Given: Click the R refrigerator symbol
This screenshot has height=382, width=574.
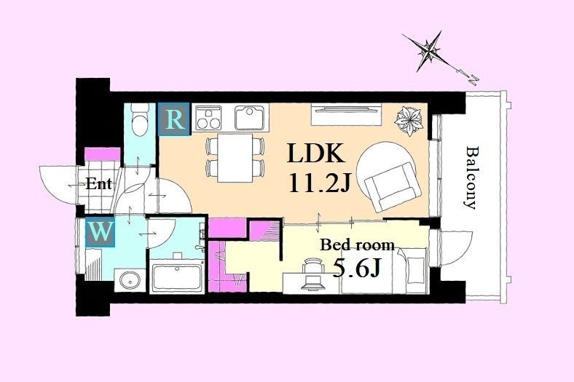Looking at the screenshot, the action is pos(174,119).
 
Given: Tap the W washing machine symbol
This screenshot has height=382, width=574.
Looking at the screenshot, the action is pos(101,232).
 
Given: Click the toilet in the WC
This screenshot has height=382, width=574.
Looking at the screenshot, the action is pos(138,119).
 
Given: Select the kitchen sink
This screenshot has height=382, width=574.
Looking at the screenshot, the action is pos(250,117).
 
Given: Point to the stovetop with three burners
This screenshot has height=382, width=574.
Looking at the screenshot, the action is pos(208,118).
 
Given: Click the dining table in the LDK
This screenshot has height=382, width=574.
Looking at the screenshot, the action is pos(235,158).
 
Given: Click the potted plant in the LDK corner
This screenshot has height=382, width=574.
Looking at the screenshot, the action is pos(409,120).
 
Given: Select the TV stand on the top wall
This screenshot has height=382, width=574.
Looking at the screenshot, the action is pos(346,114).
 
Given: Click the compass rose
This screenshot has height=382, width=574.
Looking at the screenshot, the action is pos(429,52).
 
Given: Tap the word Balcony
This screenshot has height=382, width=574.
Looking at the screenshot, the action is pos(471,178).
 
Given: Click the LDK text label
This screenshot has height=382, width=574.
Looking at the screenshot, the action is pos(316,154).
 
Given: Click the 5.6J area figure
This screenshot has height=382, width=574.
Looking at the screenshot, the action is pos(355,269).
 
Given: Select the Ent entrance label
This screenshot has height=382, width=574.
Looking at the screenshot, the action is pos(99,184).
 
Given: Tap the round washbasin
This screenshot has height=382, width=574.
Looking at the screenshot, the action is pos(130,281).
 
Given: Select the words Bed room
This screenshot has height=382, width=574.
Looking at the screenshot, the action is pos(357,244).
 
